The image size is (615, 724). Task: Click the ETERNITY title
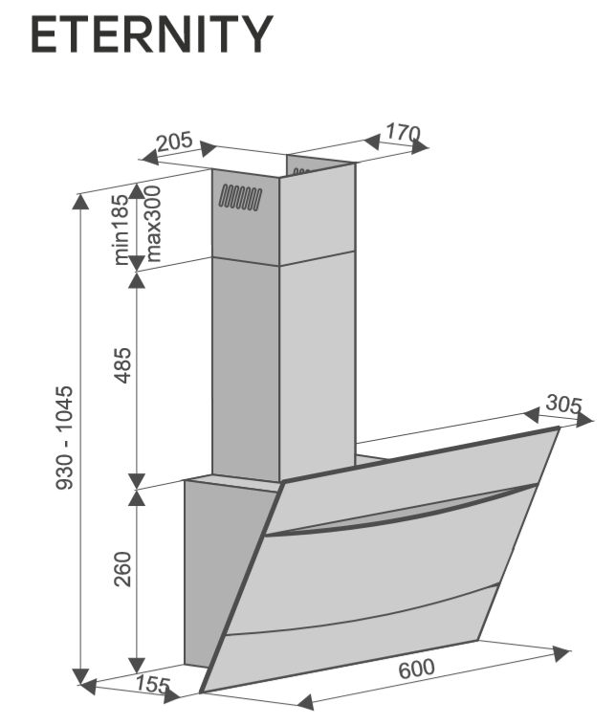click(x=152, y=34)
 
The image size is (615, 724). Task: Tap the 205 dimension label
click(x=174, y=142)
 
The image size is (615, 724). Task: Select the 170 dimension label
click(x=403, y=133)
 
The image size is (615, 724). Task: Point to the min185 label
click(x=121, y=230)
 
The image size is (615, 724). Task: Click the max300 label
click(x=152, y=224)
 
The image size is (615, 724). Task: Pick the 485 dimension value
click(x=122, y=365)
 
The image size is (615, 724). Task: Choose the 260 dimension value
click(x=122, y=569)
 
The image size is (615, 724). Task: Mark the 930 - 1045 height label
click(x=64, y=438)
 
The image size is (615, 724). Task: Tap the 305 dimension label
click(x=563, y=405)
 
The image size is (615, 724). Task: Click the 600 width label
click(x=416, y=669)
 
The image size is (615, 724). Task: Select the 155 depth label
click(x=153, y=685)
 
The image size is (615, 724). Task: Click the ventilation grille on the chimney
click(x=240, y=198)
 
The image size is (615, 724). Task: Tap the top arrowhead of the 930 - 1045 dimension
click(x=80, y=201)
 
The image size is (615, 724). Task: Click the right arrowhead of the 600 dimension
click(x=561, y=653)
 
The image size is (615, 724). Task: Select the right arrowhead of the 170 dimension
click(x=420, y=146)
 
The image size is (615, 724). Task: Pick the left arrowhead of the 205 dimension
click(x=149, y=157)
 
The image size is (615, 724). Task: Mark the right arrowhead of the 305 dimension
click(x=584, y=419)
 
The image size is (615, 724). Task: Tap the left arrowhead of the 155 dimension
click(x=88, y=686)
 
